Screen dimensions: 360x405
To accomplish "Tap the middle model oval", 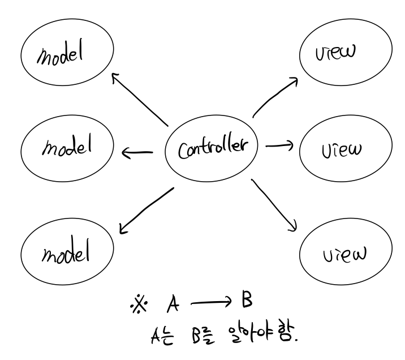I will (x=67, y=148).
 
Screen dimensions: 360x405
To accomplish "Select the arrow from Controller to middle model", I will (x=137, y=151).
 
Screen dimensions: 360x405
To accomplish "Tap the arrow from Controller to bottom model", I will (x=146, y=210).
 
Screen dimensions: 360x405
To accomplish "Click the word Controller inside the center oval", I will (x=211, y=148).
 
